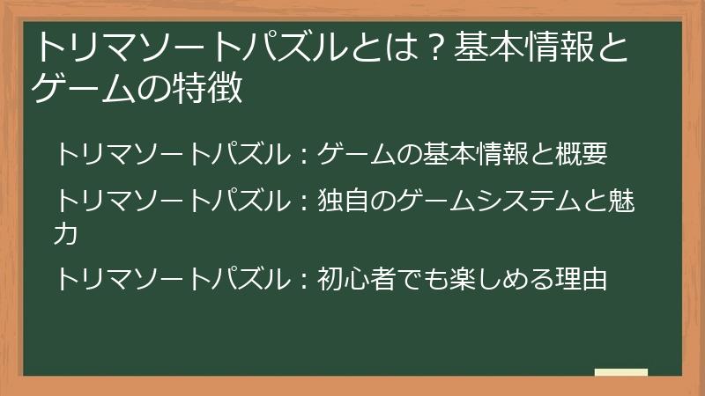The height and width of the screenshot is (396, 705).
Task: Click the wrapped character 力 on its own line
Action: click(x=66, y=234)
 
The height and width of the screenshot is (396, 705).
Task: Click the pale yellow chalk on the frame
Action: click(x=620, y=372)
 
